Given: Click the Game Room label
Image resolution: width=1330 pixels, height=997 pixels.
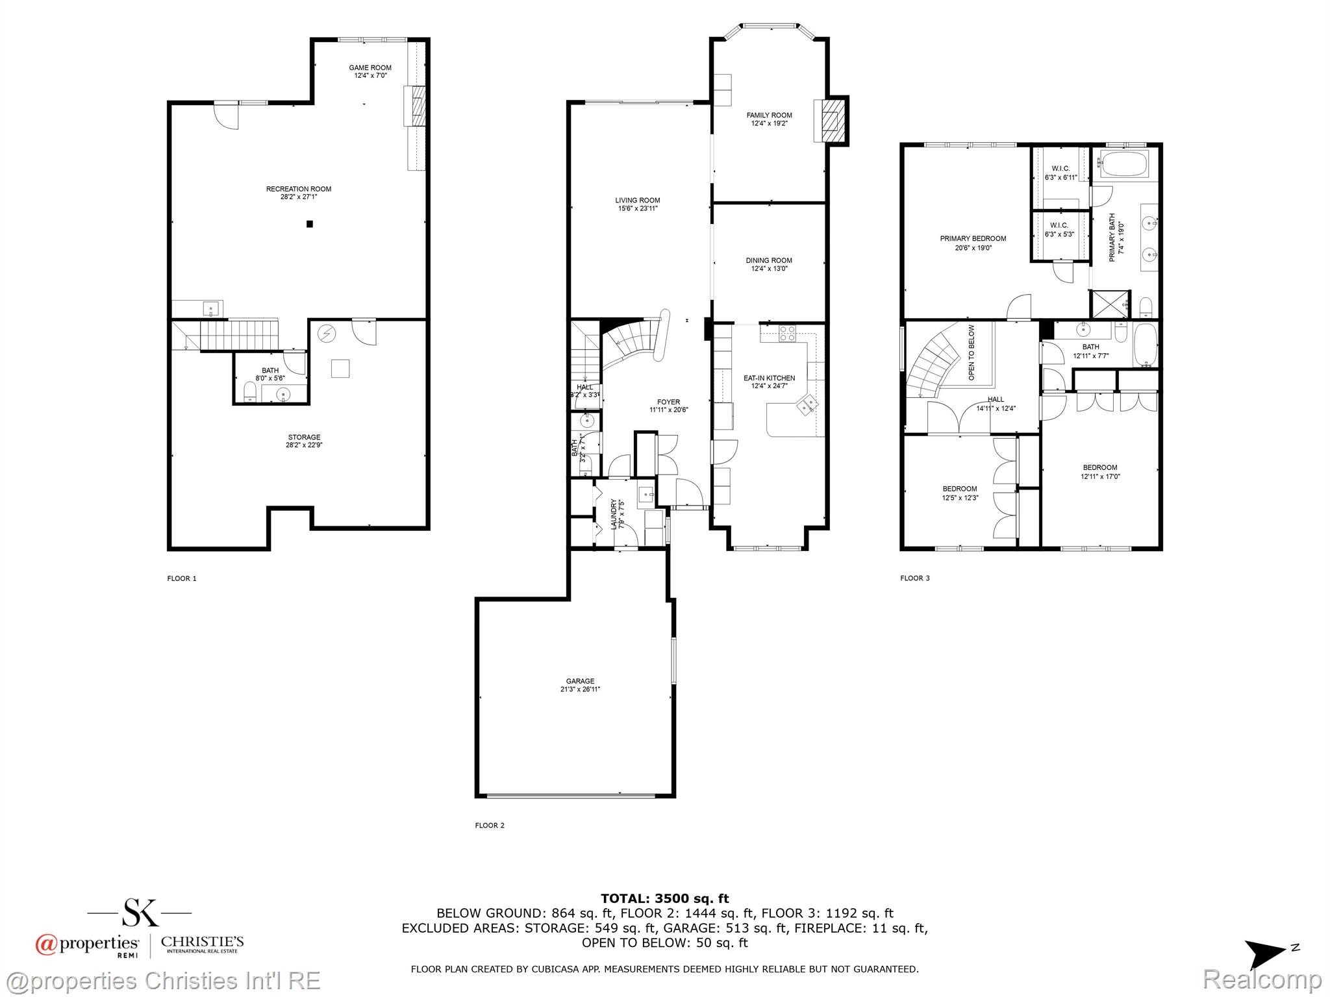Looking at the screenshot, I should pos(370,68).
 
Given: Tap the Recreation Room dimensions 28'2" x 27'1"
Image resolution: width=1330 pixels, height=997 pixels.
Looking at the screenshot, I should pos(299,197).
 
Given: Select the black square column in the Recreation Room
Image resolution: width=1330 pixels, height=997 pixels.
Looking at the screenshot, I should pos(310,224).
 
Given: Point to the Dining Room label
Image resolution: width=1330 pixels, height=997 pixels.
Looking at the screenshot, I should pos(769,260).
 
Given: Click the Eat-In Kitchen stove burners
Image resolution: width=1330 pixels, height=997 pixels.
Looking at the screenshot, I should pos(787,334).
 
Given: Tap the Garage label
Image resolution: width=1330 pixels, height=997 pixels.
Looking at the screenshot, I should pos(580,682).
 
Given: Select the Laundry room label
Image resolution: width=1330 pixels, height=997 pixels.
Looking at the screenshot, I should pos(614,513).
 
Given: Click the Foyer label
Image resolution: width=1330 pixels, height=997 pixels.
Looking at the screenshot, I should pos(668,402).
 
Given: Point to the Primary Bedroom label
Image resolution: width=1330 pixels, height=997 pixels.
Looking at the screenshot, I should pos(973,238).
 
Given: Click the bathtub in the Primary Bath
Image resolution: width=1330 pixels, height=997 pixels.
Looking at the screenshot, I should pos(1124,165).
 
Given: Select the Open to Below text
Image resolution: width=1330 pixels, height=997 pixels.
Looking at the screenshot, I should pos(972,352).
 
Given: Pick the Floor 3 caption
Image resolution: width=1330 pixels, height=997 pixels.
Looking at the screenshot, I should pos(915,578).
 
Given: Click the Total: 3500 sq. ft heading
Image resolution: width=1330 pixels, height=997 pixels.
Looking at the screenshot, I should pos(664,898).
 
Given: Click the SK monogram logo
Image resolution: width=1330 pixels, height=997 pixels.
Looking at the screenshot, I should pos(140,912).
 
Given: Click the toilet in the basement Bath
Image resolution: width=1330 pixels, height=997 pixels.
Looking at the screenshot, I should pos(249,390).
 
